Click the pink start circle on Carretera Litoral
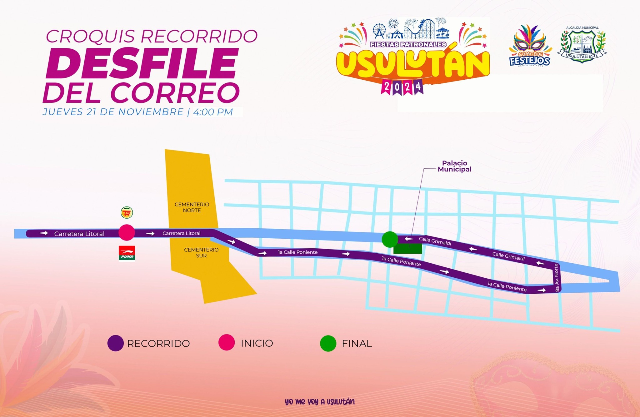pos(127,233)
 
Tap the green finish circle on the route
pos(390,240)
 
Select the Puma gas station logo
pos(127,253)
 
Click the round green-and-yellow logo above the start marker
pos(127,213)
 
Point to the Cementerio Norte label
pos(192,207)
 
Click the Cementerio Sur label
pos(201,253)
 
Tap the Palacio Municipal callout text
pos(454,166)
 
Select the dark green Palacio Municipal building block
pos(408,249)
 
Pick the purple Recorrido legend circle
pos(115,343)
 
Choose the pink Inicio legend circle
pos(227,343)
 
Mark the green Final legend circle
pos(328,343)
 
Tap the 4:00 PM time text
pos(213,112)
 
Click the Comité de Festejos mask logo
pos(530,45)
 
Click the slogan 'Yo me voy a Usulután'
pos(320,401)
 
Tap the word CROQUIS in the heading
pos(91,36)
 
